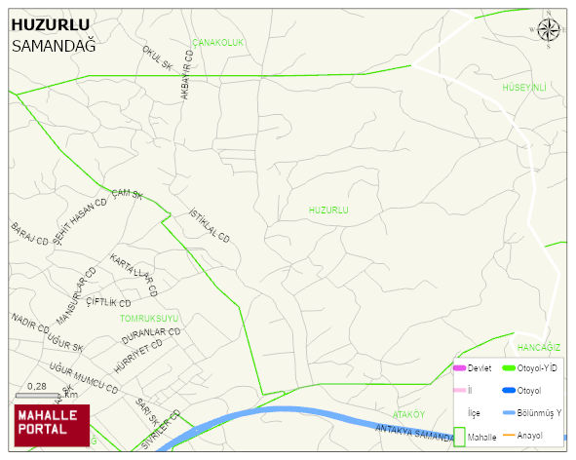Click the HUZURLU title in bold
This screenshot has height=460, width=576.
pos(50,25)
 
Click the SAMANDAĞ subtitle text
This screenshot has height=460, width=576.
pos(54,45)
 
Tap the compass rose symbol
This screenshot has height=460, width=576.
pos(549,29)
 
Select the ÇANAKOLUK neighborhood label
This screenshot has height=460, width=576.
pos(217,43)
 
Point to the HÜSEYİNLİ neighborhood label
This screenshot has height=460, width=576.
pos(524,88)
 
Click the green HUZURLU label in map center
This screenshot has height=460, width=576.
pos(328,210)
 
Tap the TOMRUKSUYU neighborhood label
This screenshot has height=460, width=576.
pos(149,318)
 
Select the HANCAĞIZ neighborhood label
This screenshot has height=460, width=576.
pos(539,348)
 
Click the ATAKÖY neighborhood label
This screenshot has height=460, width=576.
pos(409,414)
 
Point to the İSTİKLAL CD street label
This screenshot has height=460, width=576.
pos(209,225)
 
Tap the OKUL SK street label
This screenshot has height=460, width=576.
pos(157,58)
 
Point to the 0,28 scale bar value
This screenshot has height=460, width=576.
pos(37,387)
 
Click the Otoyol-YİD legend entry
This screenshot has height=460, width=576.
pos(536,367)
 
